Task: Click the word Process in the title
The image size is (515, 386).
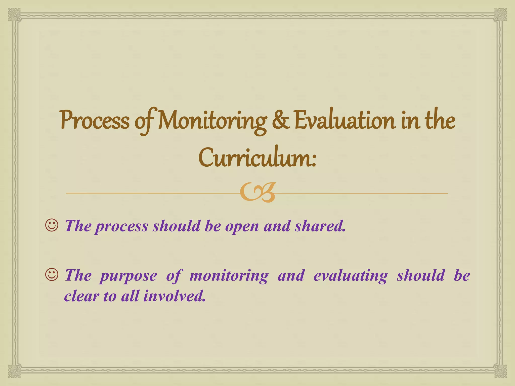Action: [x=95, y=121]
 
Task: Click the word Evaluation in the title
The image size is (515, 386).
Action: [x=345, y=121]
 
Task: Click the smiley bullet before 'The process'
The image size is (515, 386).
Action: [x=52, y=225]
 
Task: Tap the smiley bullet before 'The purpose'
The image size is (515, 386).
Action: [x=52, y=275]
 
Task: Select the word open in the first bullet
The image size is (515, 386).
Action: [x=242, y=226]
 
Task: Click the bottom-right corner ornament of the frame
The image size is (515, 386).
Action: [x=500, y=371]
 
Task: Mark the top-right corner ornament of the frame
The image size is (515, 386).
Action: [x=500, y=15]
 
